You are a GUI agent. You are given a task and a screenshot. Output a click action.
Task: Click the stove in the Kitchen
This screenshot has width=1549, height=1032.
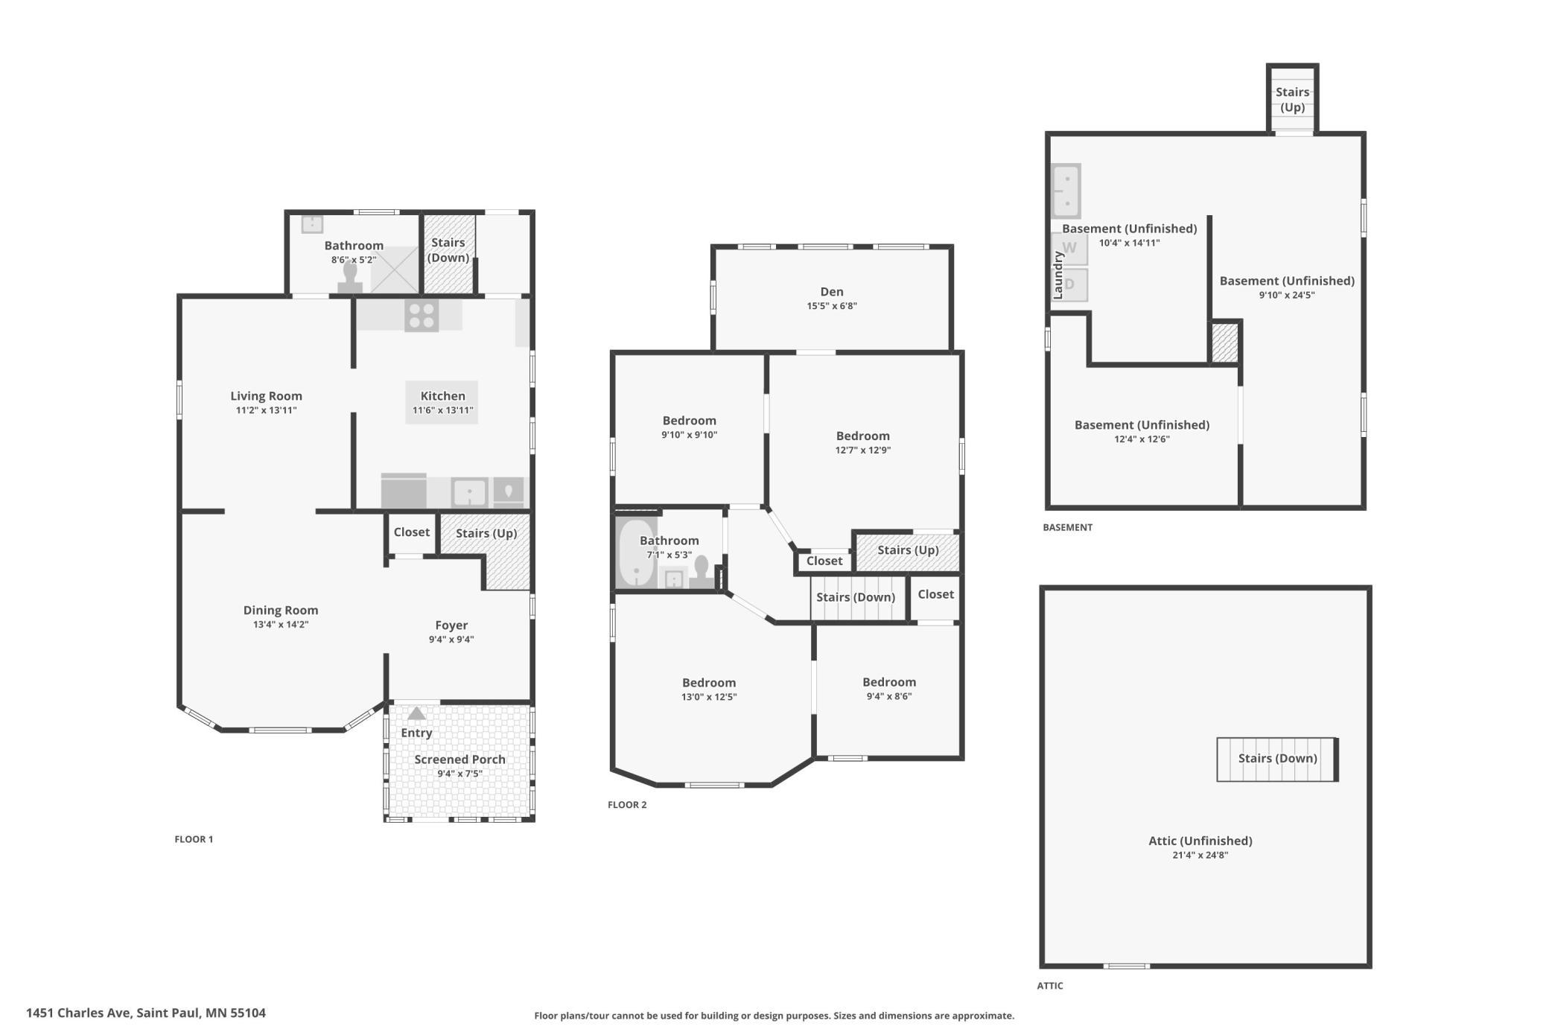click(422, 315)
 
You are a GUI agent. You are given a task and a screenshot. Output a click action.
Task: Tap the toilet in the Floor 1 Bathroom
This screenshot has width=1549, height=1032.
click(350, 276)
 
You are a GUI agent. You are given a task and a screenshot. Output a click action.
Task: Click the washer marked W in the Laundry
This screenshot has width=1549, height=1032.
click(1069, 249)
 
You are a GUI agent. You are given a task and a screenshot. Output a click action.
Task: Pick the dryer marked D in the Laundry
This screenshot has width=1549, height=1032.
click(1069, 284)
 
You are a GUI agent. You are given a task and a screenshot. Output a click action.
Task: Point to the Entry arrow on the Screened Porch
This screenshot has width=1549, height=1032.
click(416, 713)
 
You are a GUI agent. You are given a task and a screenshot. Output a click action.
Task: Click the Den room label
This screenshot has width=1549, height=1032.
click(832, 292)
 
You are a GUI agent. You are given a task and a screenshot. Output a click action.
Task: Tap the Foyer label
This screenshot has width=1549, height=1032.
click(451, 625)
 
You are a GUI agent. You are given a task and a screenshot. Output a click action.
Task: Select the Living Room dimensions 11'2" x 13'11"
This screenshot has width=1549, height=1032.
click(266, 410)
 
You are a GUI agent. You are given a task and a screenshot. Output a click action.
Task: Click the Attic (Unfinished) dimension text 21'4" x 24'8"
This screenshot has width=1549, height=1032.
click(1200, 855)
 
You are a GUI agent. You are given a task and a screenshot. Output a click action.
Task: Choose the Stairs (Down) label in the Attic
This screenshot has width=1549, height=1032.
click(1277, 758)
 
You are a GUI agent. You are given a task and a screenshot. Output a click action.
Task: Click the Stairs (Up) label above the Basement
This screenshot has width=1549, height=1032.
click(1292, 99)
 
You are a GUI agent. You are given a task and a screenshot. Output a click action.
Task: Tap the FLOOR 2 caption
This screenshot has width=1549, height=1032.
click(627, 805)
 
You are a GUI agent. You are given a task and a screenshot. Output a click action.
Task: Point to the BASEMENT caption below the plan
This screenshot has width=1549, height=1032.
click(1067, 527)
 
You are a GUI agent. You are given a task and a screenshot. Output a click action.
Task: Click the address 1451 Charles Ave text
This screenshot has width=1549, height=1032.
click(80, 1013)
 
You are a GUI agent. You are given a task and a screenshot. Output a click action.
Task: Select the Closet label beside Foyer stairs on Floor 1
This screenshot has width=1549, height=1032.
click(411, 532)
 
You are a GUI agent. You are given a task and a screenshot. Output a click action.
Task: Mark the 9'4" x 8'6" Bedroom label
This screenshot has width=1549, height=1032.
click(889, 689)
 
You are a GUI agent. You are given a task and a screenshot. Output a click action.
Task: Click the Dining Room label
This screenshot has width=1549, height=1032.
click(281, 611)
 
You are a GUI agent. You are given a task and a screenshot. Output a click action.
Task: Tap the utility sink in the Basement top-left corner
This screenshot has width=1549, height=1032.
click(1066, 191)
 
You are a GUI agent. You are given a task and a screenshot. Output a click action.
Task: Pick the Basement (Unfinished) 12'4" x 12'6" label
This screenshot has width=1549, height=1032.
click(1142, 432)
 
